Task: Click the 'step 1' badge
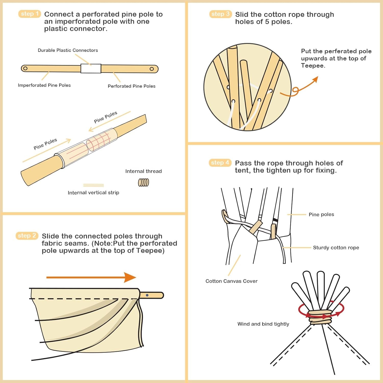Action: [30, 14]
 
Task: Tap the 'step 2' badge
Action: [27, 236]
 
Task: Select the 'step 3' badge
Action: [220, 14]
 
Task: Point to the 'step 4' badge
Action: [220, 163]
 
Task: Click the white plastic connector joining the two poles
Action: [91, 68]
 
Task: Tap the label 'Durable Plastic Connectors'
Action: [68, 50]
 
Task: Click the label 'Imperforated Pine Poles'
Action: [44, 85]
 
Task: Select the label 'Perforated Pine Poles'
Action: [131, 86]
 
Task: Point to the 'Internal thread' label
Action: [143, 171]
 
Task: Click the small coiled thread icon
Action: [143, 182]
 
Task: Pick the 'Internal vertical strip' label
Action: [93, 193]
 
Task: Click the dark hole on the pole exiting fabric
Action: [147, 295]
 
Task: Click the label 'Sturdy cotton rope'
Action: [336, 248]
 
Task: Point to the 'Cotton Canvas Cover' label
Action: [231, 281]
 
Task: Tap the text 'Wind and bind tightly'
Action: [263, 324]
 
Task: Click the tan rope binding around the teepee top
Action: [320, 317]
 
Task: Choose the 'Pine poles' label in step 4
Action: [321, 214]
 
